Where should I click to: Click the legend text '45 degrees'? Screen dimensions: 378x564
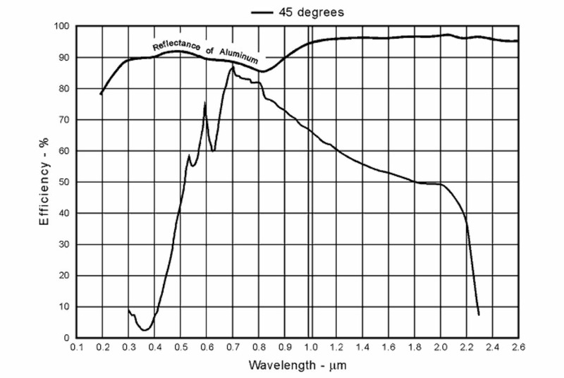coord(312,12)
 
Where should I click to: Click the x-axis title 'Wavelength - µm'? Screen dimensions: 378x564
coord(297,367)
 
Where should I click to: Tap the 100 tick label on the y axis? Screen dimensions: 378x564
coord(61,27)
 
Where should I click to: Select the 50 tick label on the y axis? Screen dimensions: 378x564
coord(63,182)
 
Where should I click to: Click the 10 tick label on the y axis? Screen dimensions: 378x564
coord(63,307)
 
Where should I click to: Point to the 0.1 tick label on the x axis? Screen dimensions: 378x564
coord(76,347)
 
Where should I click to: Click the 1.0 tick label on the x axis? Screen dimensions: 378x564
coord(310,347)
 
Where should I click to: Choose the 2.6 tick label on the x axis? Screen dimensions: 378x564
coord(518,347)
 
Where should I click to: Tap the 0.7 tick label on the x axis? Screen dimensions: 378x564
coord(232,347)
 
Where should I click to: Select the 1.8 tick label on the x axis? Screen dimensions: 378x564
coord(414,347)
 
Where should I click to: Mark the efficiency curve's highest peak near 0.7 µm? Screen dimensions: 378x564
coord(232,67)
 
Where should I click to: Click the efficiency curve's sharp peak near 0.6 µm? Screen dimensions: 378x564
coord(205,104)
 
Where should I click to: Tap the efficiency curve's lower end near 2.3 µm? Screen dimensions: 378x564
coord(479,315)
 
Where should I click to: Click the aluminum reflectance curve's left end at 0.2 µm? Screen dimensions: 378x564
coord(102,94)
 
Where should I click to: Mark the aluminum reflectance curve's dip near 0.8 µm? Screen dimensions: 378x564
coord(262,71)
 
